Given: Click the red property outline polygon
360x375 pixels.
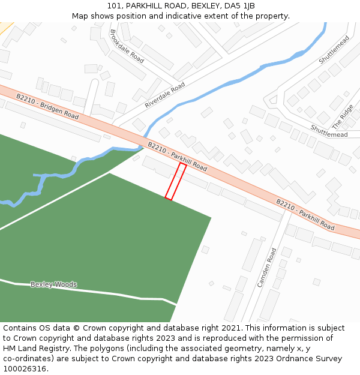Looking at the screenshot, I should pos(176,181).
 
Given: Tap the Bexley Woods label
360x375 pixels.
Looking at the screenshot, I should pos(53,284).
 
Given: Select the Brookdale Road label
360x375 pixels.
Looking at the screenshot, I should pos(127,46).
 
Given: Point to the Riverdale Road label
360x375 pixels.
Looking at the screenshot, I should pos(165,96).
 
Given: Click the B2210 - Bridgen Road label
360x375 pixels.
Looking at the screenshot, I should pos(47,106).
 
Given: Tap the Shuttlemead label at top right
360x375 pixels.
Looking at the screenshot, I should pos(334,50).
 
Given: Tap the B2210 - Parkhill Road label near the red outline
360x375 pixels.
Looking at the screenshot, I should pos(177,157).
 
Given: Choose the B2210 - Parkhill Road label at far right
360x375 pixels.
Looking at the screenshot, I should pos(305,214).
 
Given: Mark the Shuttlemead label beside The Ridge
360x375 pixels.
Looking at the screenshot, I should pos(329,131).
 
